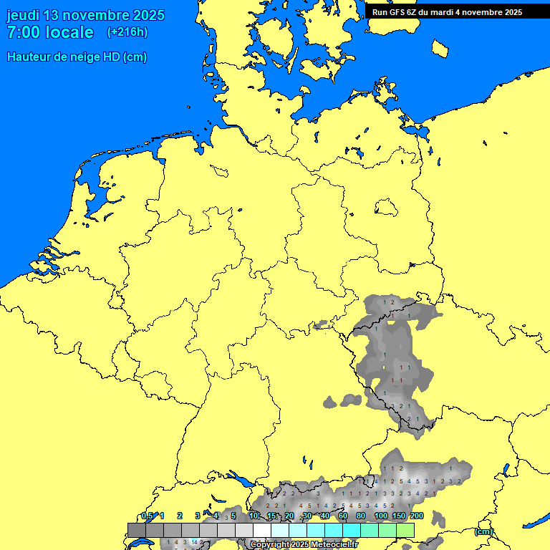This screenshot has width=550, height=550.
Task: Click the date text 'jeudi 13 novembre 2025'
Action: point(85,15)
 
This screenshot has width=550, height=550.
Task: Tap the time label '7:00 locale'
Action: point(50,32)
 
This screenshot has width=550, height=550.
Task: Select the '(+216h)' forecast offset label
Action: point(127,32)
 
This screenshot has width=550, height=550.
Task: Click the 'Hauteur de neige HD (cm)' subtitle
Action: point(77,57)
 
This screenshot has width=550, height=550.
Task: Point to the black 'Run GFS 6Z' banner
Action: point(447,11)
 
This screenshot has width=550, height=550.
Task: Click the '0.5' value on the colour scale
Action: point(147,516)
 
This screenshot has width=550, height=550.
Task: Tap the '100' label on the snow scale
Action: point(381,516)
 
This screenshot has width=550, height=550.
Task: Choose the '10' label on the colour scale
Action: point(254,516)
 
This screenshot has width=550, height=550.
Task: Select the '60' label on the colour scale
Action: point(343,516)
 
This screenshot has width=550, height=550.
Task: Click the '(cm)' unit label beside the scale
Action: point(483,531)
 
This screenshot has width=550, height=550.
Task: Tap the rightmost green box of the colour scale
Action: point(405,530)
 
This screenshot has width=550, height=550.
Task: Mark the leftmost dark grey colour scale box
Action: point(136,530)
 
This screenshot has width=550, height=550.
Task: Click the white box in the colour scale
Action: point(262,530)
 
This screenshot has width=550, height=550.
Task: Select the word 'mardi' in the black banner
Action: point(441,11)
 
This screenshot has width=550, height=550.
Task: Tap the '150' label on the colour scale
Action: point(399,516)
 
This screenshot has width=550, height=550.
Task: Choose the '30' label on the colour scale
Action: point(307,516)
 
